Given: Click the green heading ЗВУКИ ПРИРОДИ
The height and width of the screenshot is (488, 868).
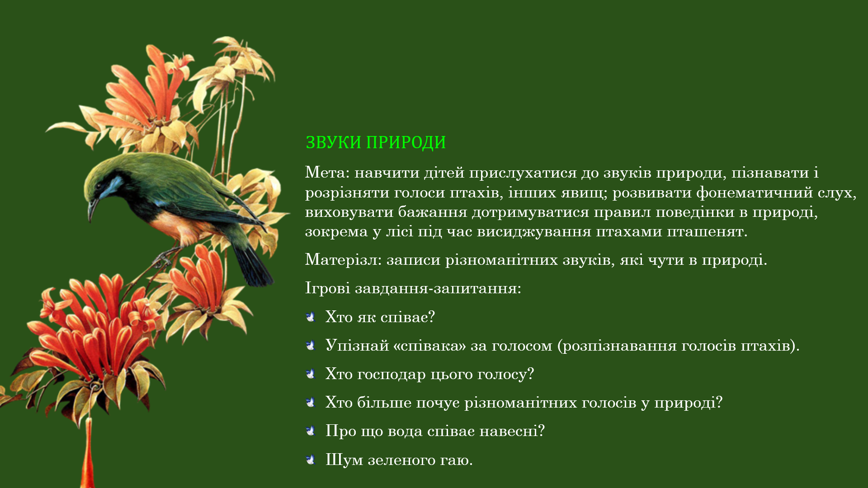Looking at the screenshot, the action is click(376, 142).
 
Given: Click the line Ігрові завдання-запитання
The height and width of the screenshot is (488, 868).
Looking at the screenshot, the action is click(413, 288).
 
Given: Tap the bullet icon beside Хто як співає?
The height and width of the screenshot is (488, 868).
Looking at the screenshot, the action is click(311, 317).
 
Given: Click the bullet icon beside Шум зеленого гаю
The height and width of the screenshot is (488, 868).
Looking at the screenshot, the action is click(311, 460).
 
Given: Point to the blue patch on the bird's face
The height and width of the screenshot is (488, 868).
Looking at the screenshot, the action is click(111, 186).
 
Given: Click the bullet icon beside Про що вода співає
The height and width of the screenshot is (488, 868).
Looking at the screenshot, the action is click(311, 431).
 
